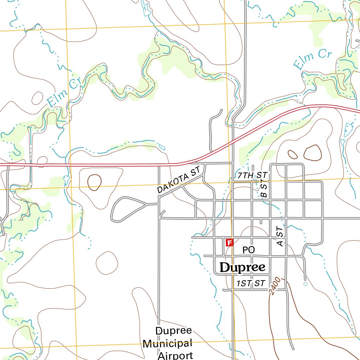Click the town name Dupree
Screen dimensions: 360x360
click(242, 268)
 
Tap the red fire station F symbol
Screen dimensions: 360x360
click(229, 243)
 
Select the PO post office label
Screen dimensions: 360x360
click(249, 250)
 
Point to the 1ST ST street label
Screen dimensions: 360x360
click(251, 284)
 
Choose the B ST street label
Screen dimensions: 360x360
click(264, 188)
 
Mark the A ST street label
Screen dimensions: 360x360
click(280, 236)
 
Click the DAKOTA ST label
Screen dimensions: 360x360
click(179, 180)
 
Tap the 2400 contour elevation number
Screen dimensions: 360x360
click(275, 285)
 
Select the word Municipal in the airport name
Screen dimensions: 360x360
click(167, 343)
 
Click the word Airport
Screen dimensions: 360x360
click(175, 355)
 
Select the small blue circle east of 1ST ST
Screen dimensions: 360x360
click(305, 284)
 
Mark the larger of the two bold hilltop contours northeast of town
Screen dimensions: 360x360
click(312, 153)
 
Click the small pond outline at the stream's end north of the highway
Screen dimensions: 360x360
click(162, 147)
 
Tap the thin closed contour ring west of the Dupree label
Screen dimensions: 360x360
click(107, 263)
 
